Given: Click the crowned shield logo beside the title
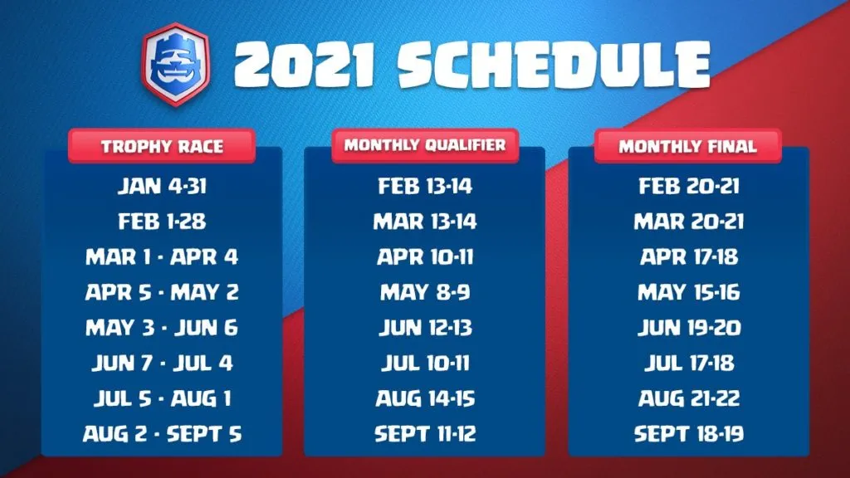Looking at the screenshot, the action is pyautogui.click(x=175, y=65).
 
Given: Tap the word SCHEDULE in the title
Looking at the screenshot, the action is pyautogui.click(x=554, y=64).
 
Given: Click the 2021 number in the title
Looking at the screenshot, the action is pyautogui.click(x=304, y=65).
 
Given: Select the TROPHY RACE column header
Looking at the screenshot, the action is pyautogui.click(x=162, y=146).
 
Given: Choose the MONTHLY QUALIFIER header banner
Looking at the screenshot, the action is pyautogui.click(x=425, y=145).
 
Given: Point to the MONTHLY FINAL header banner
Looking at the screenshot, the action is pyautogui.click(x=688, y=146).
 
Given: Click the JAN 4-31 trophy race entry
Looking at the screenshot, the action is pyautogui.click(x=162, y=186).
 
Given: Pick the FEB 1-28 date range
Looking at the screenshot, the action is pyautogui.click(x=162, y=221).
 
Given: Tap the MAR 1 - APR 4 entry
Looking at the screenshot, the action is pyautogui.click(x=162, y=257).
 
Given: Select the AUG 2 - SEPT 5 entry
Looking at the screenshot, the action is pyautogui.click(x=162, y=433).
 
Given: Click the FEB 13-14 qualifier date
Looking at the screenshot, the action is pyautogui.click(x=425, y=186).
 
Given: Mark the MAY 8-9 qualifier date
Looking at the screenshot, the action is pyautogui.click(x=425, y=292).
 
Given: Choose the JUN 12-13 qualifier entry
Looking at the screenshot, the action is pyautogui.click(x=425, y=327).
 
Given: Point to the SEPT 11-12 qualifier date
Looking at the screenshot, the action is pyautogui.click(x=425, y=433).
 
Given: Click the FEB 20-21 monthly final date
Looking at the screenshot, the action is pyautogui.click(x=688, y=186).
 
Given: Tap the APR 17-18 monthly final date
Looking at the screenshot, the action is pyautogui.click(x=688, y=257).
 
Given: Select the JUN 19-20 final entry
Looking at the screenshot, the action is pyautogui.click(x=688, y=327).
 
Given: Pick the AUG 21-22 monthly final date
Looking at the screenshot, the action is pyautogui.click(x=688, y=398).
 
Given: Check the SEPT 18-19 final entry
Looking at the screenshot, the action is pyautogui.click(x=688, y=433).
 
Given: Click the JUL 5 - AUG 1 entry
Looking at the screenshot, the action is pyautogui.click(x=162, y=398).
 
